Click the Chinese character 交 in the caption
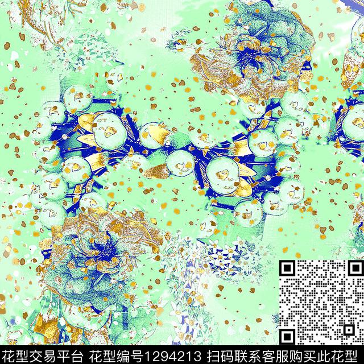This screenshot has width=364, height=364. point(35,353)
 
